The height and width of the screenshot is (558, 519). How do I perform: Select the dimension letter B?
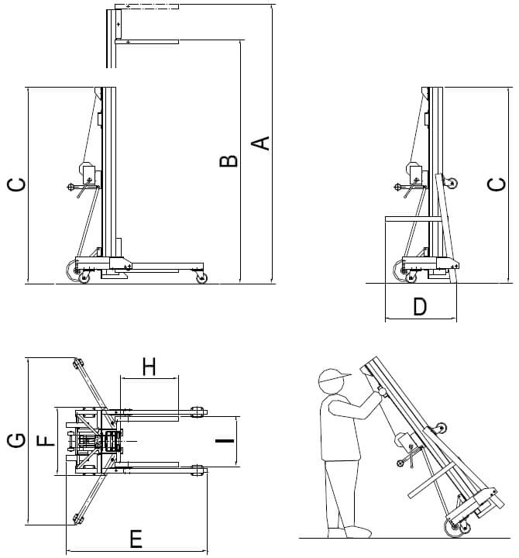coord(228,161)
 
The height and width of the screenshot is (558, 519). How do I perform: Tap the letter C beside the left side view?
coord(16,184)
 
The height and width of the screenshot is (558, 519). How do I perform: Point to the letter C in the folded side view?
coord(496,184)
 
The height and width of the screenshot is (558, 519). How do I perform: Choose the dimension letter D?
coord(419,307)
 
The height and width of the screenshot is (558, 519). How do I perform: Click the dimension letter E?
coord(136,537)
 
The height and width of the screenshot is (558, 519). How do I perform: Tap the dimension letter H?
coord(150,367)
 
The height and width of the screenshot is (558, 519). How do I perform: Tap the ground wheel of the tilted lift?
coord(454,529)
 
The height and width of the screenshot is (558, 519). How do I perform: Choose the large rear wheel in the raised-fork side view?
coord(84,273)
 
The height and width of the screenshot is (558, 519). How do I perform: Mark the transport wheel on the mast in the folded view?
coord(449,184)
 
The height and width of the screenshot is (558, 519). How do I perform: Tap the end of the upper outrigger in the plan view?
coord(77,363)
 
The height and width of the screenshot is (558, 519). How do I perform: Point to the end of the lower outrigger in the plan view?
coord(76,518)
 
